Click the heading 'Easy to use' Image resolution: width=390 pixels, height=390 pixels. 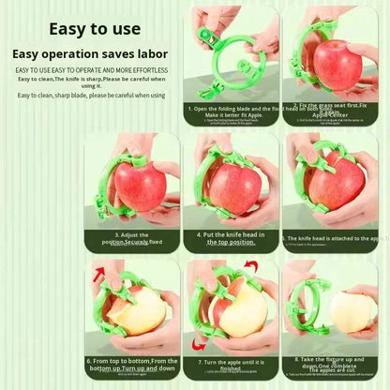pyautogui.click(x=95, y=29)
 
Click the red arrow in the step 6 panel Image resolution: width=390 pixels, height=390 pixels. pyautogui.click(x=98, y=274)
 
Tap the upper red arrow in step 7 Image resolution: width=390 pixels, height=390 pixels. pyautogui.click(x=248, y=269)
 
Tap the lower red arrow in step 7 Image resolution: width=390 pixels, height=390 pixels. pyautogui.click(x=199, y=343)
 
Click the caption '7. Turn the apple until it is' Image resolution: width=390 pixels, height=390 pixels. pyautogui.click(x=231, y=361)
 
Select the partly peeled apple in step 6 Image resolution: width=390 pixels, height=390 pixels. pyautogui.click(x=139, y=312)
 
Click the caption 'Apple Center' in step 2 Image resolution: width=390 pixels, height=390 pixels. pyautogui.click(x=331, y=114)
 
